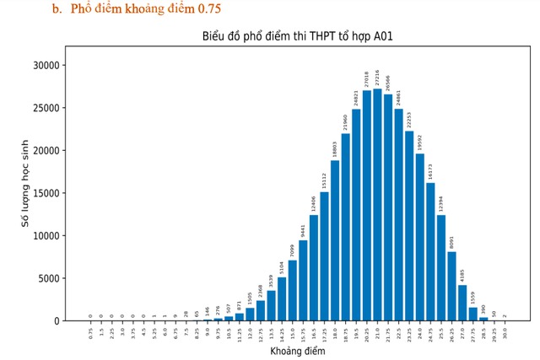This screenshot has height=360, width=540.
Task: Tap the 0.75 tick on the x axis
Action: tap(91, 332)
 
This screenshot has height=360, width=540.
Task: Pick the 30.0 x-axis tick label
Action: tap(504, 332)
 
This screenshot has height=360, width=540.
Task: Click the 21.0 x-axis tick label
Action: tap(377, 332)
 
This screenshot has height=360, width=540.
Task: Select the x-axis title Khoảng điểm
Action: tap(296, 350)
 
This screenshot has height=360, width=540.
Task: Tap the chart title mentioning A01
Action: tap(297, 36)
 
